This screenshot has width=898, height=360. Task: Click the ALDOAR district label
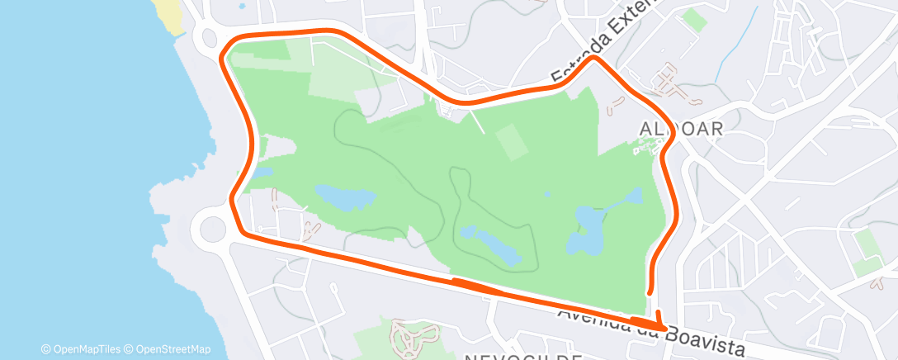pos(682,129)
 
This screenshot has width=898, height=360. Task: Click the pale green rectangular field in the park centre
pos(512,141)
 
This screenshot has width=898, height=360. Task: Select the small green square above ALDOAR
pos(694,21)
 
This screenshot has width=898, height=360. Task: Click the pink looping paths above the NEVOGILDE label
pos(409,334)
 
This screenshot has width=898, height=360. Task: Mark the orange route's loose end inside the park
pos(650,291)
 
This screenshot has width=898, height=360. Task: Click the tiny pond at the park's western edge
pos(262,172)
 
